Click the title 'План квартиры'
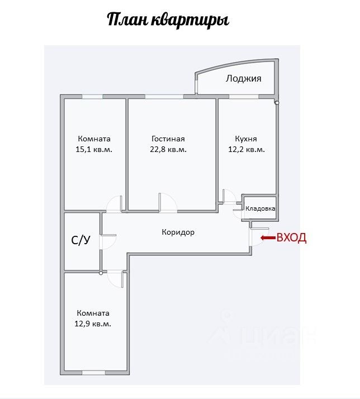click(168, 21)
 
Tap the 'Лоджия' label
click(243, 78)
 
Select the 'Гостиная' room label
click(168, 139)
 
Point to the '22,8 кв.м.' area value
click(168, 149)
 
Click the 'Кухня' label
click(246, 139)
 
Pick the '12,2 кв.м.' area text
click(247, 149)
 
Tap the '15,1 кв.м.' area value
click(94, 149)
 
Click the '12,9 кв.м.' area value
click(93, 324)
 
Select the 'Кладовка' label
click(260, 208)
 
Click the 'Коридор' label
click(178, 231)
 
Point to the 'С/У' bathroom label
click(80, 240)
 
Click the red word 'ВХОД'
click(291, 237)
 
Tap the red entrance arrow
click(267, 237)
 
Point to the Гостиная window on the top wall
click(163, 97)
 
